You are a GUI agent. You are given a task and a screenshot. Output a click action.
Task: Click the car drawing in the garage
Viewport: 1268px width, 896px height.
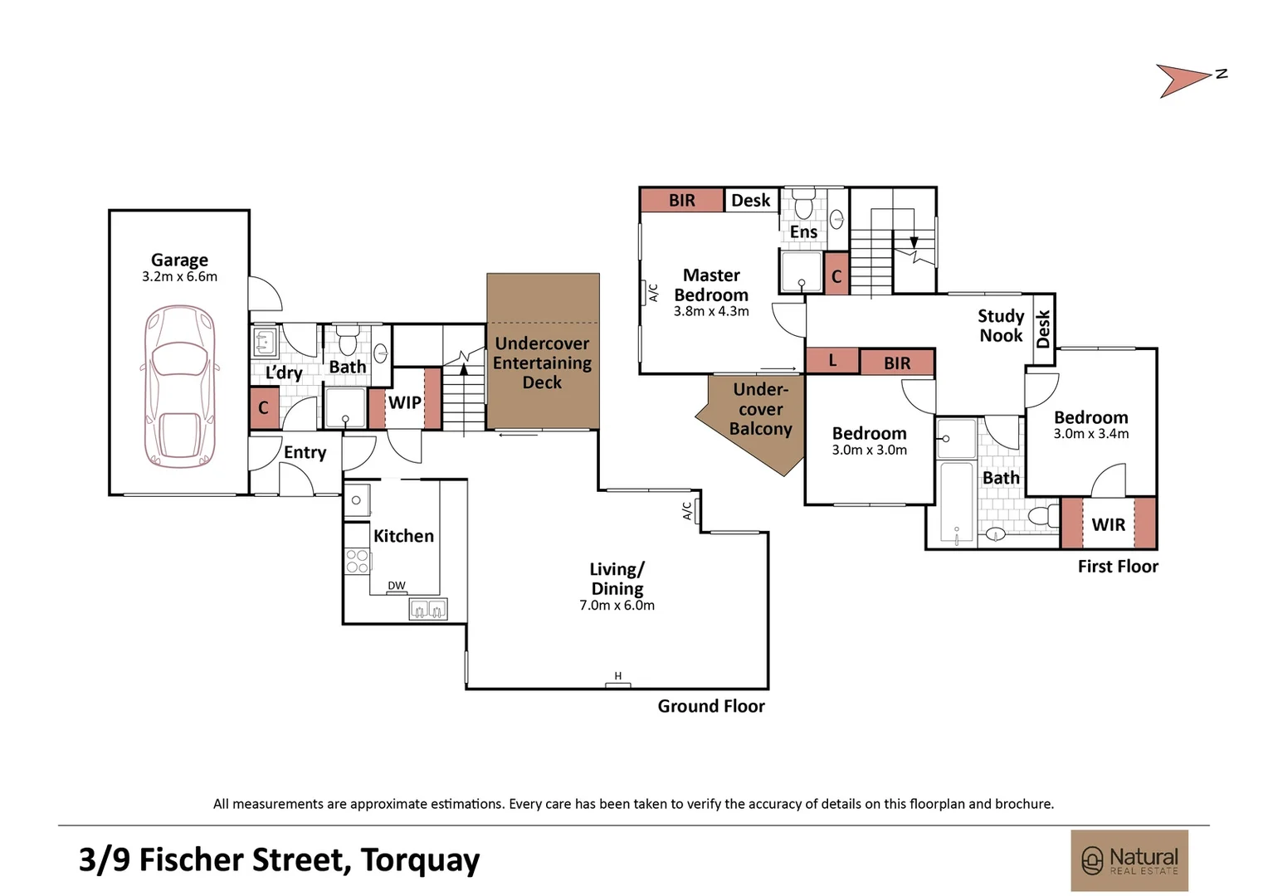point(179,386)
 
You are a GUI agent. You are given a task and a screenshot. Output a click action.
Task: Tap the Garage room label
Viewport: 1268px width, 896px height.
point(179,261)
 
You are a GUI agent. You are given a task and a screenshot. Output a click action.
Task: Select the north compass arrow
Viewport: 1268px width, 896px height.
point(1185,80)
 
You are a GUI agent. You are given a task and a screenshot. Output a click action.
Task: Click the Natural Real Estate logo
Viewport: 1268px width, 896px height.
point(1129,860)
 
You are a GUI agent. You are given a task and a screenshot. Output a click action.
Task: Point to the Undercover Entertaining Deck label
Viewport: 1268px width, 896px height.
point(542,363)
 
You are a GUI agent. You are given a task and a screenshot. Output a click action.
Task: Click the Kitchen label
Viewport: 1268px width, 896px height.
point(403,536)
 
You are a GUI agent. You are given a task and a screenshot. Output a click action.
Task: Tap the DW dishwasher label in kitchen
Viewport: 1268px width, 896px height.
point(397,586)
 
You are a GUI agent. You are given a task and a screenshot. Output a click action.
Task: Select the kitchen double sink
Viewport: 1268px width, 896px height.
point(428,610)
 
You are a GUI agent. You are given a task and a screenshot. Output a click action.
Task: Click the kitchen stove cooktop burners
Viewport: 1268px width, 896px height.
point(357,562)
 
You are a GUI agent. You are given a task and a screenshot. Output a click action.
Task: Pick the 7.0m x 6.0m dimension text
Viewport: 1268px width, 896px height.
point(617,606)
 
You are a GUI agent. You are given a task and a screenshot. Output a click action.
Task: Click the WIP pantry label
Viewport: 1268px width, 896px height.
point(405,402)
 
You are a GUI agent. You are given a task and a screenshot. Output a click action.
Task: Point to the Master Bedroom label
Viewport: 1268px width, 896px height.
point(711,285)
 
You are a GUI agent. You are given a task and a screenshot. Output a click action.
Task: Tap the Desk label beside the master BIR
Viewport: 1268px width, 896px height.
point(750,201)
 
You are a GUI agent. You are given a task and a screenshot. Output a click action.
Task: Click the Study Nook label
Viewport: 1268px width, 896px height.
point(1001,325)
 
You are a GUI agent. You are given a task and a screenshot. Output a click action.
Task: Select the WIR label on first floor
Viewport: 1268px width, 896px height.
point(1108,524)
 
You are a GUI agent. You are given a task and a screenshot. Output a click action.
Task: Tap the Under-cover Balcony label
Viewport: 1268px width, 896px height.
point(760,409)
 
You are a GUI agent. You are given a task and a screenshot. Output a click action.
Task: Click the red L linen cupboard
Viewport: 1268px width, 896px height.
point(832,361)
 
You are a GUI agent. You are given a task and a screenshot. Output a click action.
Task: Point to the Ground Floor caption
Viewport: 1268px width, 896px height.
point(711,706)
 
